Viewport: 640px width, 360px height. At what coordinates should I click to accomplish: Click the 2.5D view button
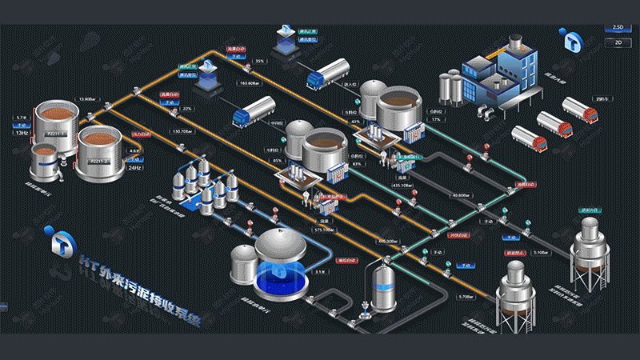click(x=617, y=27)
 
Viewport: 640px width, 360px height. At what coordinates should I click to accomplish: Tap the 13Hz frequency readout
click(x=22, y=133)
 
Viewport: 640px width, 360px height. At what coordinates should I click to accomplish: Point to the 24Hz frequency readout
click(x=134, y=168)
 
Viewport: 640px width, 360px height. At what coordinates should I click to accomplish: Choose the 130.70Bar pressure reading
click(x=182, y=130)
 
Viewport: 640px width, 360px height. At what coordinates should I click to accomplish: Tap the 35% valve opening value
click(x=260, y=61)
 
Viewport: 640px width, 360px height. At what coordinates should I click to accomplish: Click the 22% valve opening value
click(x=188, y=108)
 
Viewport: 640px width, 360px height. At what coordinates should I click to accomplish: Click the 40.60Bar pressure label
click(x=461, y=194)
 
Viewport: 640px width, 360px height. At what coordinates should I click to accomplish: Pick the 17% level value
click(x=436, y=119)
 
